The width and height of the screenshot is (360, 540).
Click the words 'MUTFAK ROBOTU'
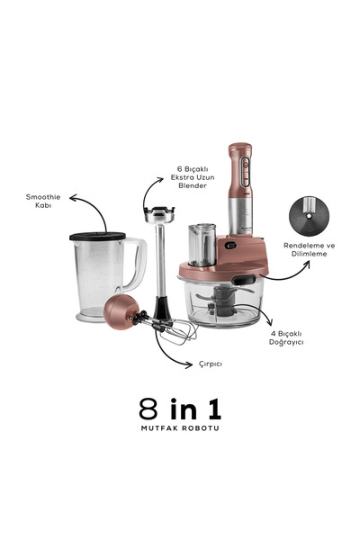tap(180, 428)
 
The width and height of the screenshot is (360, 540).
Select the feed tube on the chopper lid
tap(199, 245)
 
